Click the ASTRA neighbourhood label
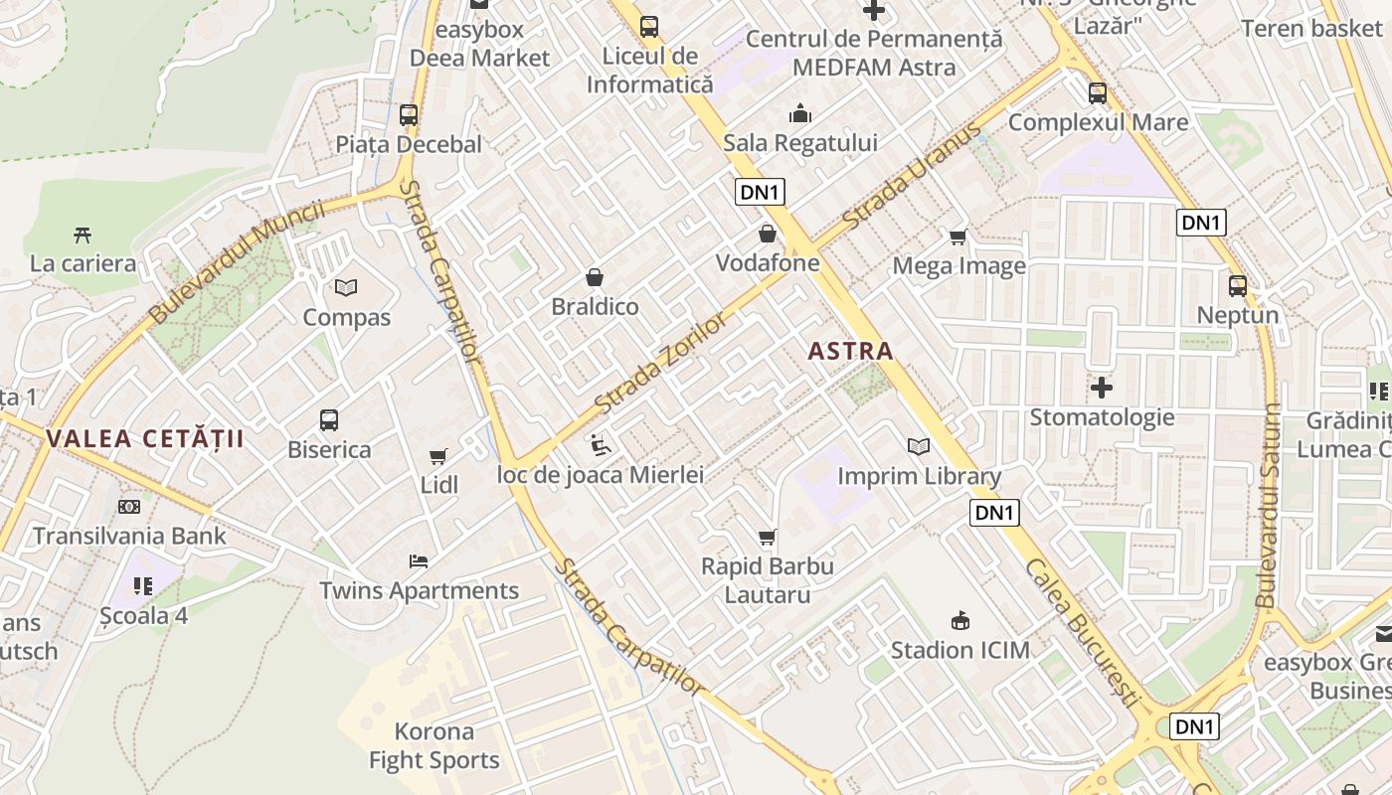point(850,351)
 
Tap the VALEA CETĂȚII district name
point(145,438)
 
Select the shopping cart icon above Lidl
point(437,457)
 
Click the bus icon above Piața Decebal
point(409,114)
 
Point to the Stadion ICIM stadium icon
point(959,621)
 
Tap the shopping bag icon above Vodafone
point(768,234)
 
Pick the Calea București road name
point(1081,632)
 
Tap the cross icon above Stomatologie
point(1102,388)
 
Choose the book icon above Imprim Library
point(919,447)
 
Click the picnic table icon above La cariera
point(83,236)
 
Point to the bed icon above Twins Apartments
point(419,561)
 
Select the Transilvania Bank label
point(129,536)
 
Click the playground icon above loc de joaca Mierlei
point(601,445)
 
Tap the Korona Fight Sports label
point(435,746)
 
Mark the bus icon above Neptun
point(1238,286)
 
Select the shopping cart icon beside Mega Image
point(958,237)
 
